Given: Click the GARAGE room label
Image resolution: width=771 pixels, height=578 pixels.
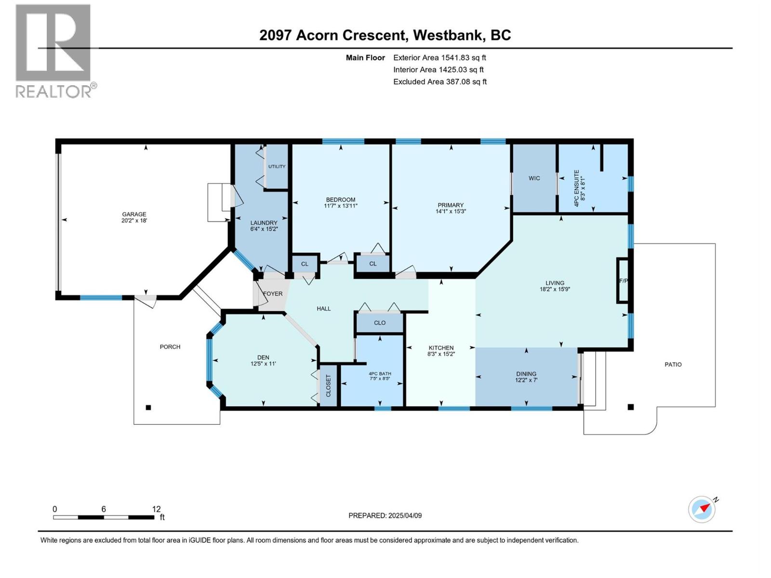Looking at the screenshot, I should click(134, 214).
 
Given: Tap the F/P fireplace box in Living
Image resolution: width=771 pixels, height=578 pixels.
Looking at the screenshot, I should click(623, 281).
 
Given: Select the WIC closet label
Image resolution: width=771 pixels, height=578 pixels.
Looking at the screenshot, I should click(534, 178).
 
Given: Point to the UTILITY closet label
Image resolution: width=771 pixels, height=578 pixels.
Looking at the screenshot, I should click(277, 167).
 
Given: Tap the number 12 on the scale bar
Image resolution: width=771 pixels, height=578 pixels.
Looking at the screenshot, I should click(156, 509).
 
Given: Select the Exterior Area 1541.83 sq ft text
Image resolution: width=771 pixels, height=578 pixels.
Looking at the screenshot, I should click(439, 58).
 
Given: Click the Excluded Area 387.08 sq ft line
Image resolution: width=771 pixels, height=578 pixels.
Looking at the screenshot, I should click(439, 82).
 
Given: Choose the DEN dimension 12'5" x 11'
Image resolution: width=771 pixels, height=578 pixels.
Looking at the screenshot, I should click(263, 364).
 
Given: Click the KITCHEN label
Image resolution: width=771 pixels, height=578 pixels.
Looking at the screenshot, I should click(441, 348).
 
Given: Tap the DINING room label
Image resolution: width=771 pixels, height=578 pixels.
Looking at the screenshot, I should click(526, 374).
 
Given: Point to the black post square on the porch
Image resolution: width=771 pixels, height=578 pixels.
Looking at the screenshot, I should click(148, 407).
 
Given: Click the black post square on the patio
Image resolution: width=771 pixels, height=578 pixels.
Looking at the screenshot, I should click(630, 407).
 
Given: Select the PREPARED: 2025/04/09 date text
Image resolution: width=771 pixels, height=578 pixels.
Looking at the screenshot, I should click(385, 515).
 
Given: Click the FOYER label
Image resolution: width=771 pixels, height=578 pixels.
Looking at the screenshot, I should click(273, 294).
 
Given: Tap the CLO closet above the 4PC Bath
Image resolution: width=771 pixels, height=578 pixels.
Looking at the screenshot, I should click(380, 323).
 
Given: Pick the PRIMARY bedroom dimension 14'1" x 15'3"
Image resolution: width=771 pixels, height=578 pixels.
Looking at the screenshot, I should click(451, 211).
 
